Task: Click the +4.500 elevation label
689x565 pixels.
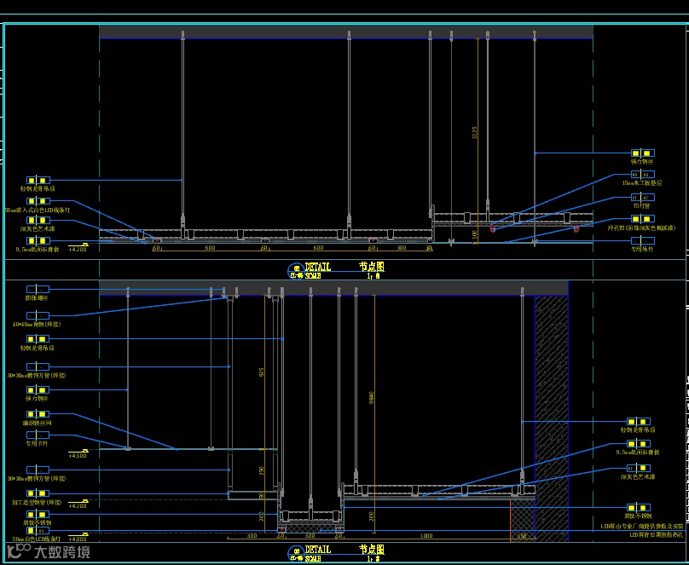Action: point(78,456)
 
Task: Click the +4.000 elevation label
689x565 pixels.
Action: point(78,539)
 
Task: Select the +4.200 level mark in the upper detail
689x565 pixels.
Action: point(78,250)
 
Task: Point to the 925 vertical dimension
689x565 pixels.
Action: point(262,372)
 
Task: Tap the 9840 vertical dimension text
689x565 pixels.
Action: point(372,396)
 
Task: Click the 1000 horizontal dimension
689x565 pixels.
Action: point(425,536)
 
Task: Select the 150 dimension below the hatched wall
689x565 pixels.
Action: point(522,536)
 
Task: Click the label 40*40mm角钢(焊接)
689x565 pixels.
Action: point(37,324)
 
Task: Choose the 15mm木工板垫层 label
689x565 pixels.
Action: point(641,182)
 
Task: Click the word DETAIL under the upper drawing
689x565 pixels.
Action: point(317,267)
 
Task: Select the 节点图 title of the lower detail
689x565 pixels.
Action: point(372,550)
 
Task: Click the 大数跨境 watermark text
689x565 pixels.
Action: point(61,552)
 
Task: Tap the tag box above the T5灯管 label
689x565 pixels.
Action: point(641,196)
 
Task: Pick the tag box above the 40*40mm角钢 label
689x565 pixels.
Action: point(37,314)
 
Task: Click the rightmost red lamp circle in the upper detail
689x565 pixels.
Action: point(576,228)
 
